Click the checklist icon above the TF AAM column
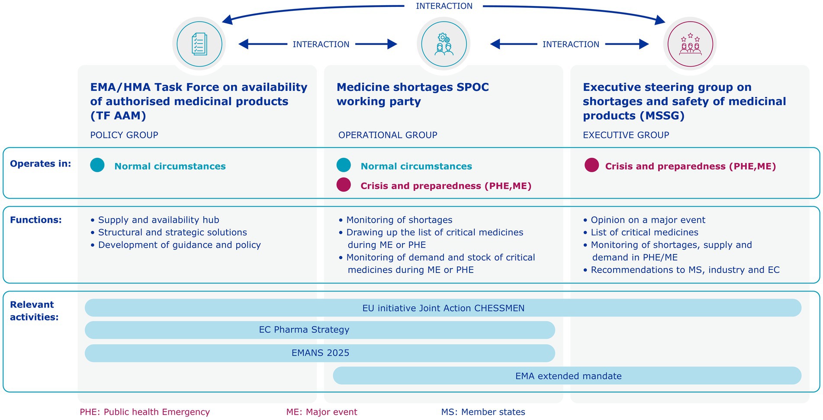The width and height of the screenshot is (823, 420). [x=199, y=44]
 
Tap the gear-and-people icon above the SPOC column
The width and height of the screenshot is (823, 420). [x=444, y=44]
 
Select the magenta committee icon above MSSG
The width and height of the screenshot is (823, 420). [x=690, y=44]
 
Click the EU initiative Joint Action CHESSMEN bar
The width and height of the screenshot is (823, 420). [x=443, y=308]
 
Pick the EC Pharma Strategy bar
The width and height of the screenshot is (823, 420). [x=320, y=330]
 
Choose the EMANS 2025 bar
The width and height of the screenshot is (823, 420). [x=320, y=353]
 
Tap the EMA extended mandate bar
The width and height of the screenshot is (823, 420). [x=567, y=376]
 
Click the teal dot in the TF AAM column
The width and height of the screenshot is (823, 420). [x=97, y=165]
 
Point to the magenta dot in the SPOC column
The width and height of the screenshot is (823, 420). [x=344, y=185]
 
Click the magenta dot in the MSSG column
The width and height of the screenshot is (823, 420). [x=592, y=165]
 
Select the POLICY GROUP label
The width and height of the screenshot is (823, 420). [x=124, y=135]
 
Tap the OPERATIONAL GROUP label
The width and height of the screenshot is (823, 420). [x=388, y=135]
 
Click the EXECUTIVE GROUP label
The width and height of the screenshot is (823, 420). [x=626, y=135]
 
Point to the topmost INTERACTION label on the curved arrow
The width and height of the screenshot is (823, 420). [x=444, y=6]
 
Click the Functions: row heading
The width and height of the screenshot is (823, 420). [x=36, y=220]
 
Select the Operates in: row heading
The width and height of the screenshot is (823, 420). [x=40, y=164]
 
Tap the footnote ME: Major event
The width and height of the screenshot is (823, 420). [x=321, y=412]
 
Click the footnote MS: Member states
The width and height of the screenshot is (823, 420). [x=483, y=412]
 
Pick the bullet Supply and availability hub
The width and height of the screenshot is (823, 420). [x=158, y=220]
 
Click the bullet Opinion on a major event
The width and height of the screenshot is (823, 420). [x=648, y=220]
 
